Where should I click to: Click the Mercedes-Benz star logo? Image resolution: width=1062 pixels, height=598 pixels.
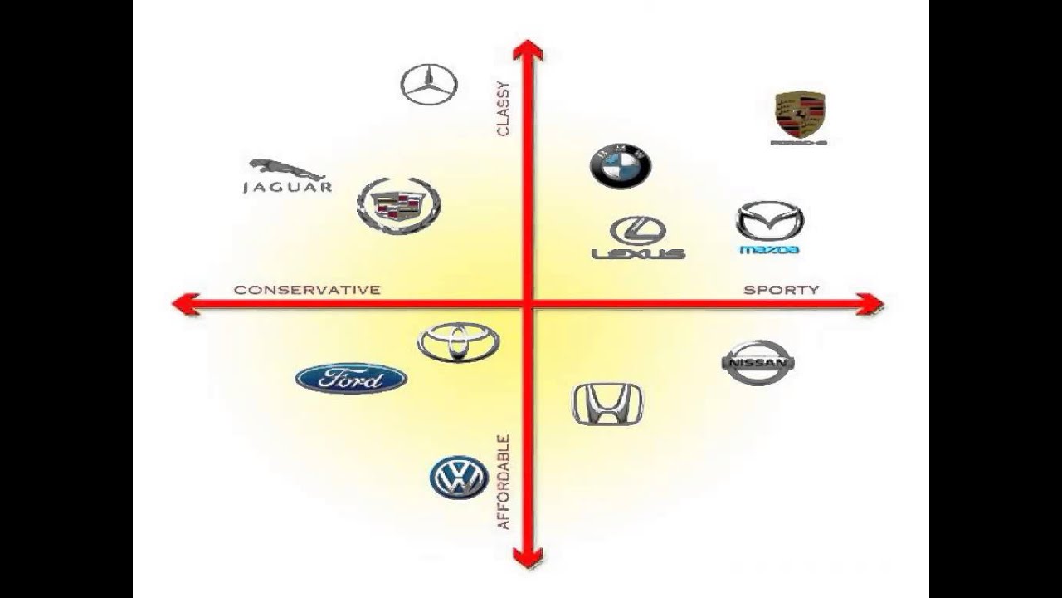click(x=429, y=84)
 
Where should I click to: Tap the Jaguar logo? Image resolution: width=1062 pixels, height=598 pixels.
click(x=287, y=177)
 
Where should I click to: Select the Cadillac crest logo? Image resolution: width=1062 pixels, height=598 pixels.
click(x=398, y=205)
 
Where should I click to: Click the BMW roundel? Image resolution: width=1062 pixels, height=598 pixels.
click(x=621, y=166)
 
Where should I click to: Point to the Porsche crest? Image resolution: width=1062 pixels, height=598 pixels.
click(x=799, y=117)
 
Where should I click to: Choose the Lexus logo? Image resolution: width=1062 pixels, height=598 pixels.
click(x=638, y=238)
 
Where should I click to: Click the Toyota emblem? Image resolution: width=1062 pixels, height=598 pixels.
click(x=458, y=342)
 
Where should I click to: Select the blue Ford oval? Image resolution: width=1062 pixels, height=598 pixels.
click(x=351, y=379)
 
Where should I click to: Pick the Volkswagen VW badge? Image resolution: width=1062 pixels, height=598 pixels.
click(x=459, y=478)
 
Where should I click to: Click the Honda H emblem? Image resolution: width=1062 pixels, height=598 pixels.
click(x=607, y=404)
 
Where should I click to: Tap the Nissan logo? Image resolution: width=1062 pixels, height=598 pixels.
click(x=758, y=363)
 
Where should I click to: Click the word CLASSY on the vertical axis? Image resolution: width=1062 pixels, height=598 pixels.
click(x=504, y=109)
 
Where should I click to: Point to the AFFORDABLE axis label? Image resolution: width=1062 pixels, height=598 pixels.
click(x=504, y=483)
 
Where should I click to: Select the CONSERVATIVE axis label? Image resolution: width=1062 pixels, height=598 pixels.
click(x=307, y=290)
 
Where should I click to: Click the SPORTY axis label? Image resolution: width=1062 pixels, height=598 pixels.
click(x=781, y=290)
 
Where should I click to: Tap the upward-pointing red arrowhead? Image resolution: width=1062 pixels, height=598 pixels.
click(x=527, y=51)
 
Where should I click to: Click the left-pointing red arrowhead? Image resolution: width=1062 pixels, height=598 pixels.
click(x=184, y=305)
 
